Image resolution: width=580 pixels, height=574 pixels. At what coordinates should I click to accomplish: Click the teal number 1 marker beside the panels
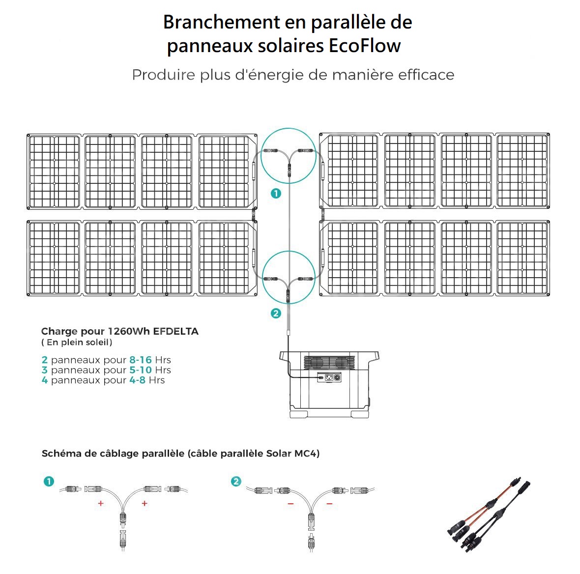pyautogui.click(x=276, y=194)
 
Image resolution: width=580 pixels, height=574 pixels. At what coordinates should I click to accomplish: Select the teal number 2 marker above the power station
pyautogui.click(x=276, y=314)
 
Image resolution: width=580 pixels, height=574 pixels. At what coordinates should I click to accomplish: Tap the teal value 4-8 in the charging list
pyautogui.click(x=137, y=380)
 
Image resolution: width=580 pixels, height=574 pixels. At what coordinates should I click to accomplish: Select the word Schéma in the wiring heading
pyautogui.click(x=61, y=454)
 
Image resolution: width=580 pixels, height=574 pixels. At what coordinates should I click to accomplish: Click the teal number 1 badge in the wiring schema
pyautogui.click(x=49, y=482)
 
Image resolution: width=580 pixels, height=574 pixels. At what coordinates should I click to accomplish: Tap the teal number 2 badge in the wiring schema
pyautogui.click(x=236, y=482)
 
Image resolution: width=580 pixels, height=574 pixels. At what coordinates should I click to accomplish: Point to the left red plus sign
pyautogui.click(x=101, y=504)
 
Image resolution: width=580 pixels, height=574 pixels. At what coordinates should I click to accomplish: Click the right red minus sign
pyautogui.click(x=329, y=504)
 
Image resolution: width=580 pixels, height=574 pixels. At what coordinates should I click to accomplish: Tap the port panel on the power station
pyautogui.click(x=329, y=377)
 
